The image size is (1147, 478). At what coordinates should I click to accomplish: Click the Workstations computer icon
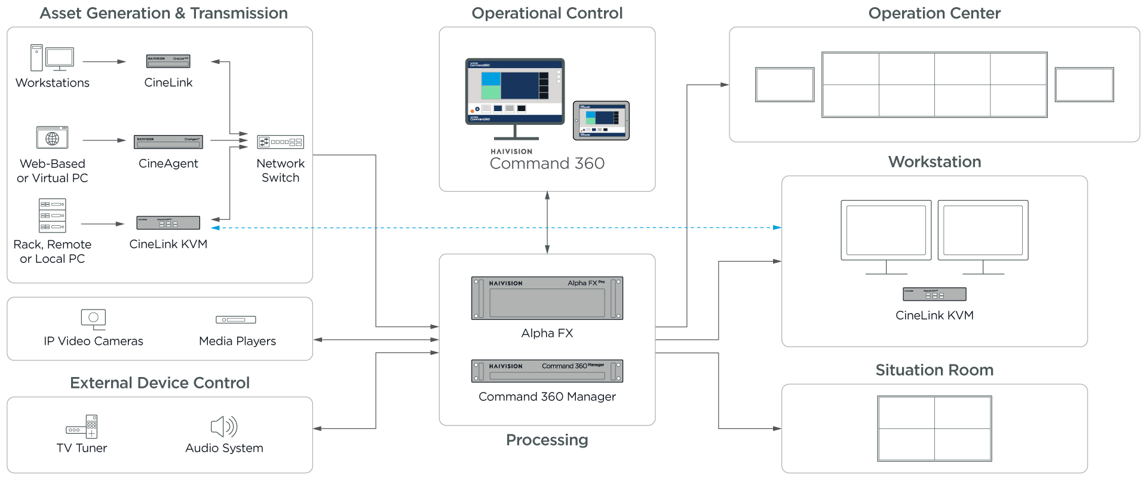click(x=53, y=59)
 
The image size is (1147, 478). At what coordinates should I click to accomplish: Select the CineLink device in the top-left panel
click(x=168, y=61)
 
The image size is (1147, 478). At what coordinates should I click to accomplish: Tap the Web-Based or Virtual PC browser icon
click(x=53, y=137)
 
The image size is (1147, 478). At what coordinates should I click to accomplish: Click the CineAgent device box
click(x=168, y=142)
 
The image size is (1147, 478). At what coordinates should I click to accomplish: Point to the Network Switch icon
click(x=280, y=142)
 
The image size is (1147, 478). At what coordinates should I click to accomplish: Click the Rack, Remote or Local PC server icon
click(x=53, y=215)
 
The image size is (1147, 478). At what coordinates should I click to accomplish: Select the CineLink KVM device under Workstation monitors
click(x=934, y=294)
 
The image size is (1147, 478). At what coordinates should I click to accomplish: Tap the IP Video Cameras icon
click(x=93, y=319)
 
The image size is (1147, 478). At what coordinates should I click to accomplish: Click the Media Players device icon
click(x=236, y=320)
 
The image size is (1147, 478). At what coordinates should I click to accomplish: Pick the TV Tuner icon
click(x=82, y=427)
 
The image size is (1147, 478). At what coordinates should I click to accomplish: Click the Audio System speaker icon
click(x=224, y=427)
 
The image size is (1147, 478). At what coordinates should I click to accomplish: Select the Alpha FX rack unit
click(x=547, y=298)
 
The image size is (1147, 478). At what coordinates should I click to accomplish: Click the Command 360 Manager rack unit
click(x=547, y=371)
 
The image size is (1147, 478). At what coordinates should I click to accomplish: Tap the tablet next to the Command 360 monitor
click(x=601, y=120)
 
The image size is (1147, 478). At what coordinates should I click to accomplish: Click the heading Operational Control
click(x=547, y=13)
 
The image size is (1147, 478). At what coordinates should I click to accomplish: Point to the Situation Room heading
click(x=934, y=370)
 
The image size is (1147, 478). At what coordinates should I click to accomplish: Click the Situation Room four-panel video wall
click(x=934, y=428)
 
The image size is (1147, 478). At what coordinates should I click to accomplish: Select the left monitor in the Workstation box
click(x=886, y=231)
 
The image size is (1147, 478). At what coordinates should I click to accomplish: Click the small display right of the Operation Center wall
click(x=1084, y=85)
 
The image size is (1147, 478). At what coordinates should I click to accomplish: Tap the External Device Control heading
click(x=160, y=383)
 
